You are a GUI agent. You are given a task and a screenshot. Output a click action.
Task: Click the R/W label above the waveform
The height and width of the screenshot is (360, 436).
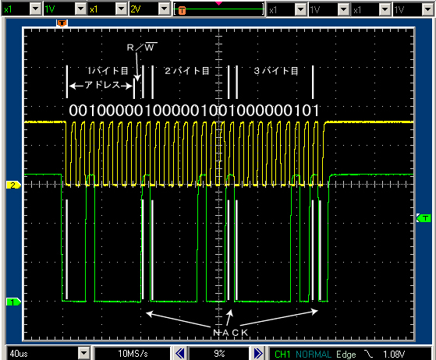[x=142, y=47]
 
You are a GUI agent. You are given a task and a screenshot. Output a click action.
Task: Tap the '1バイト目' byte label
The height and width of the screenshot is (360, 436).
[x=108, y=71]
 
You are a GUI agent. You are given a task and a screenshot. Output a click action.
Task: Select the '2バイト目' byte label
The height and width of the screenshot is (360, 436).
[x=187, y=71]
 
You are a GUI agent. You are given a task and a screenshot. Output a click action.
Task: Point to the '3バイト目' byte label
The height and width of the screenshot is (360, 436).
[x=276, y=71]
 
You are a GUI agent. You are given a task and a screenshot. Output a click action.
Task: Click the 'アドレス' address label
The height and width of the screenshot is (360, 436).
[x=101, y=85]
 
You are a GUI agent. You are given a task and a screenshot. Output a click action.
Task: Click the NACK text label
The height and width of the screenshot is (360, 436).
[x=231, y=333]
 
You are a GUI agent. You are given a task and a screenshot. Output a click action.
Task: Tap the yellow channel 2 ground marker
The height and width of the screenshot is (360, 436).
[x=13, y=185]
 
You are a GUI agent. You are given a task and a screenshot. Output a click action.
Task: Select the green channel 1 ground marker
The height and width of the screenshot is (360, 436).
[x=13, y=302]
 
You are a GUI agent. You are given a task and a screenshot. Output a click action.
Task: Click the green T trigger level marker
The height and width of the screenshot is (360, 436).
[x=424, y=218]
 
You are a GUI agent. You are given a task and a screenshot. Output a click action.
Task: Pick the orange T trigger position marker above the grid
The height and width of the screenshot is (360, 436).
[x=62, y=23]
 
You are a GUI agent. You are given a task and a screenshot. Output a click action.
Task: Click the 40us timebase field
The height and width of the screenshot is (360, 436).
[x=19, y=354]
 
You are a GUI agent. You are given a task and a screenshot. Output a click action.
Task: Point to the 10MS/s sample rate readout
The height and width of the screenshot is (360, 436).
[x=133, y=354]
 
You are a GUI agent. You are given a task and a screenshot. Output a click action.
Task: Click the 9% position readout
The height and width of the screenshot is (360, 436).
[x=219, y=354]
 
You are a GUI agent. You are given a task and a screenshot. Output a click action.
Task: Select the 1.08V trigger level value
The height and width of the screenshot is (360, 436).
[x=394, y=355]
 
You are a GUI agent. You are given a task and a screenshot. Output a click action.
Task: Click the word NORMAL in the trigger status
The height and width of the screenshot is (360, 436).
[x=314, y=355]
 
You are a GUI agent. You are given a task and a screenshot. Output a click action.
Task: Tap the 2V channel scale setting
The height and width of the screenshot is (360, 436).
[x=136, y=9]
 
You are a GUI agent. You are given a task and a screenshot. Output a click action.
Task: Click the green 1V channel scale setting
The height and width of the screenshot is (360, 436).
[x=50, y=9]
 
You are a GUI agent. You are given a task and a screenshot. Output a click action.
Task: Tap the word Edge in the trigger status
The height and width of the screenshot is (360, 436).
[x=346, y=355]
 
